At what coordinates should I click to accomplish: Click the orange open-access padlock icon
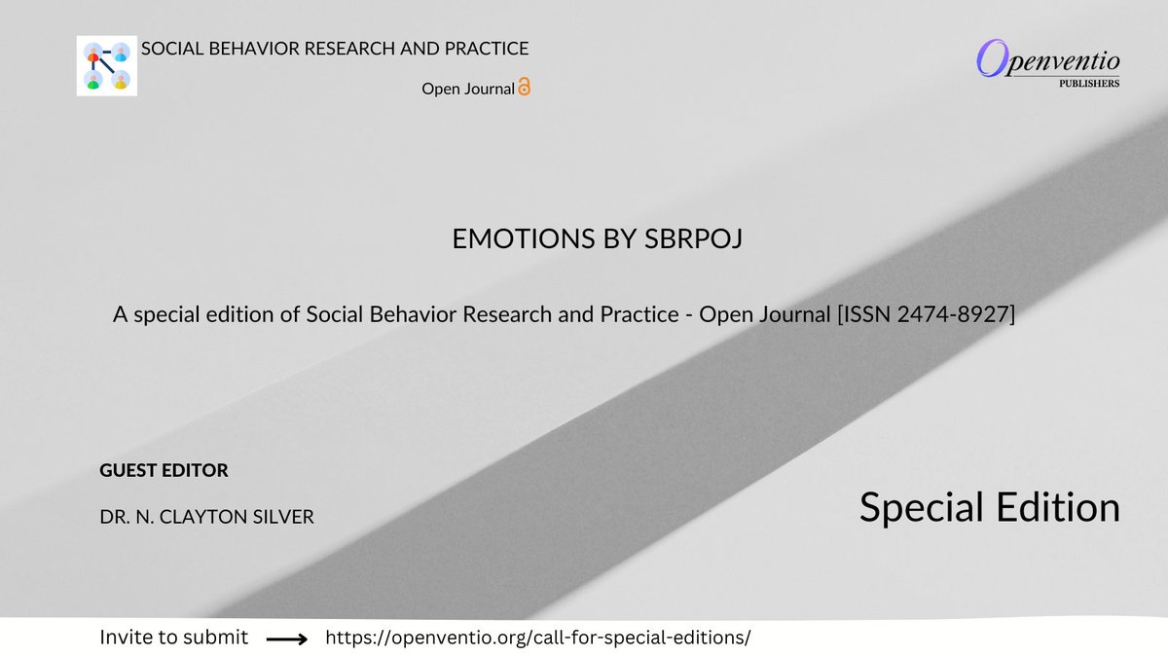tap(525, 88)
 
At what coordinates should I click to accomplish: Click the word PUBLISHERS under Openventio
tap(1088, 84)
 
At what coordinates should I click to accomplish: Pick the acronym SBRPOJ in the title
tap(695, 239)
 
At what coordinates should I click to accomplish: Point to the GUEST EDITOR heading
tap(164, 471)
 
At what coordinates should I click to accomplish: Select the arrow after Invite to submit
tap(286, 639)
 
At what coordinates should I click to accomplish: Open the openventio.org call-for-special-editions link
tap(538, 639)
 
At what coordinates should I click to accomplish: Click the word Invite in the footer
tap(126, 639)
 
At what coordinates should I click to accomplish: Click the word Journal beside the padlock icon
tap(487, 89)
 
